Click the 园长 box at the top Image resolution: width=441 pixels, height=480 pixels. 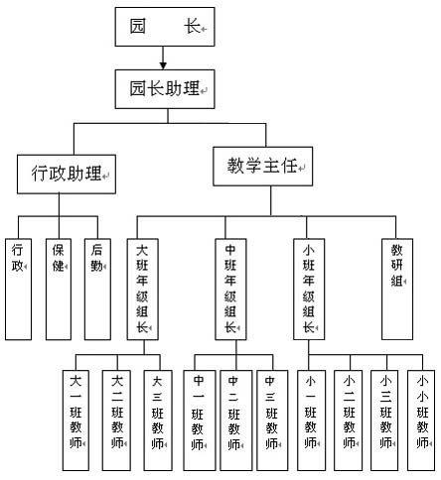coord(165,27)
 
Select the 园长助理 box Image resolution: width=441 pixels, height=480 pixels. coord(165,89)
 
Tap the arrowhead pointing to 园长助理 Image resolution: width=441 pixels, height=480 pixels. coord(163,65)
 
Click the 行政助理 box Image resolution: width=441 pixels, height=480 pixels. coord(67,174)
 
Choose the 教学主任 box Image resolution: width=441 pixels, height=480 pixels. coord(263,167)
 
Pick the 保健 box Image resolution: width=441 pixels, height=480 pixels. coord(59,290)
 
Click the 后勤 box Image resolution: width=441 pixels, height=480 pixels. coord(97,290)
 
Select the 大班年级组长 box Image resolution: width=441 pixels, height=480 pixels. coord(143,290)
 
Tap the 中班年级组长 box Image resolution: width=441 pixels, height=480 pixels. coord(230,290)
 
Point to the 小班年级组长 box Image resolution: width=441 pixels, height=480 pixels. coord(309,290)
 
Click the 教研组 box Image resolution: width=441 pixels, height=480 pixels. coord(397,290)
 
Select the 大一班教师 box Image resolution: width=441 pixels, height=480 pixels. coord(75,420)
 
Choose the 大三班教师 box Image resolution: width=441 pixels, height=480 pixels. coord(158,420)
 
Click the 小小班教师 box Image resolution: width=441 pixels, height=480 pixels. coord(421,420)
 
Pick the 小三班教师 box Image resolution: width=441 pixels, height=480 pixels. coord(384,420)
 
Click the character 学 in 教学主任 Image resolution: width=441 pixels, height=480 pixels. coord(253,166)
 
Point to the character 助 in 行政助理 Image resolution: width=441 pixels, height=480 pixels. coord(75,173)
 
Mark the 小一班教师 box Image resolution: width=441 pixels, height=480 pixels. coord(311,420)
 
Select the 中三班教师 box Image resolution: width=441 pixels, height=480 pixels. coord(272,420)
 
